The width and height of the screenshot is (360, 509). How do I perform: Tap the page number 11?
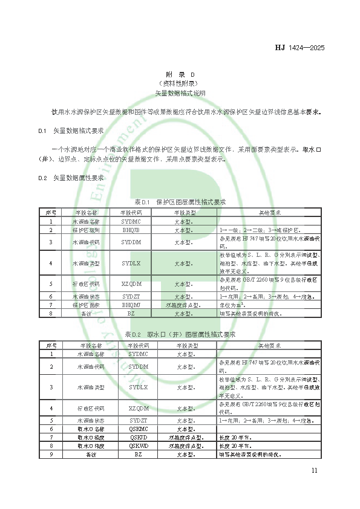[313, 471]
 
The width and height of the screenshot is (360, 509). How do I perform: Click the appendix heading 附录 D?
[180, 73]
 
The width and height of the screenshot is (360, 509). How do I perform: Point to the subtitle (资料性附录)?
[180, 83]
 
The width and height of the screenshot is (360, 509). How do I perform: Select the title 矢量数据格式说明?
[180, 93]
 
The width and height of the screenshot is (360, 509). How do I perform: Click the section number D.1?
[42, 130]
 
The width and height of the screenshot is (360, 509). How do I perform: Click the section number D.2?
[42, 178]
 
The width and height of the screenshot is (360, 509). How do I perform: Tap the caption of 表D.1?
[180, 202]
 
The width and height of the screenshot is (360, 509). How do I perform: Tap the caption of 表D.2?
[180, 334]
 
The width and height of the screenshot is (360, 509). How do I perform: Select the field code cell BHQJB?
[131, 230]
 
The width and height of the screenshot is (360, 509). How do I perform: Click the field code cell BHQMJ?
[131, 305]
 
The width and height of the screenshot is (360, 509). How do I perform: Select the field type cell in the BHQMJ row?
[183, 305]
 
